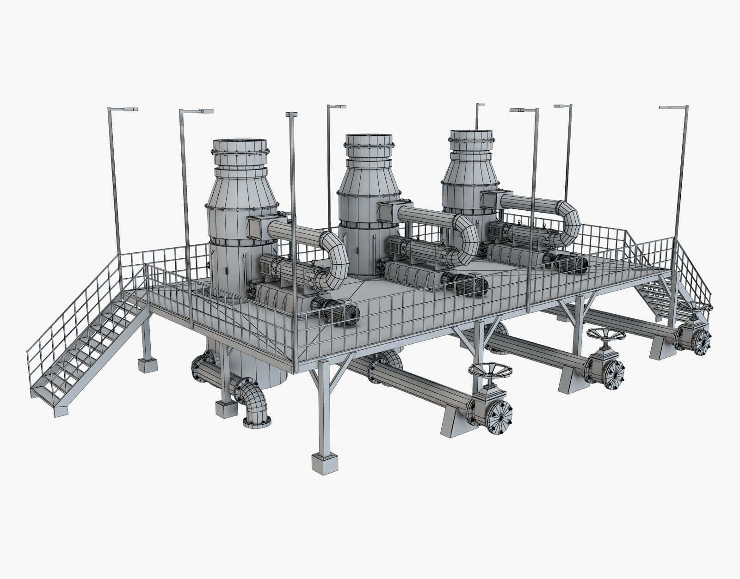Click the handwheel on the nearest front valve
(490, 369)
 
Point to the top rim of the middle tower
(369, 136)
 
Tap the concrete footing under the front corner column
(324, 463)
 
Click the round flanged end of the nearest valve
(500, 417)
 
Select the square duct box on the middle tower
(388, 212)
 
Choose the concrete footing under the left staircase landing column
(148, 366)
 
